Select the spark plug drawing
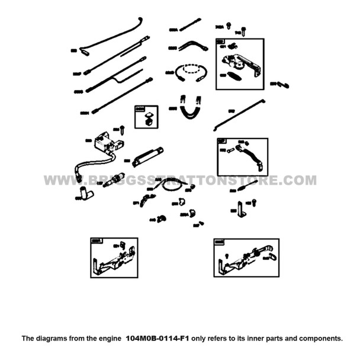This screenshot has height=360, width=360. [113, 179]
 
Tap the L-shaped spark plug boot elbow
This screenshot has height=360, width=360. [86, 192]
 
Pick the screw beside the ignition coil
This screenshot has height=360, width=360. [122, 128]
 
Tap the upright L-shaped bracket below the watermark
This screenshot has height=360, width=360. [241, 207]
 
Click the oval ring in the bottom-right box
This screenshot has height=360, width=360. [274, 256]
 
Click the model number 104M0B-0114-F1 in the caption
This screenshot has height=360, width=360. [157, 339]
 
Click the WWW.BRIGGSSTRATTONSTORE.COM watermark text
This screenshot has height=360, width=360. [180, 181]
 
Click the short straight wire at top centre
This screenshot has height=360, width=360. [189, 25]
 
